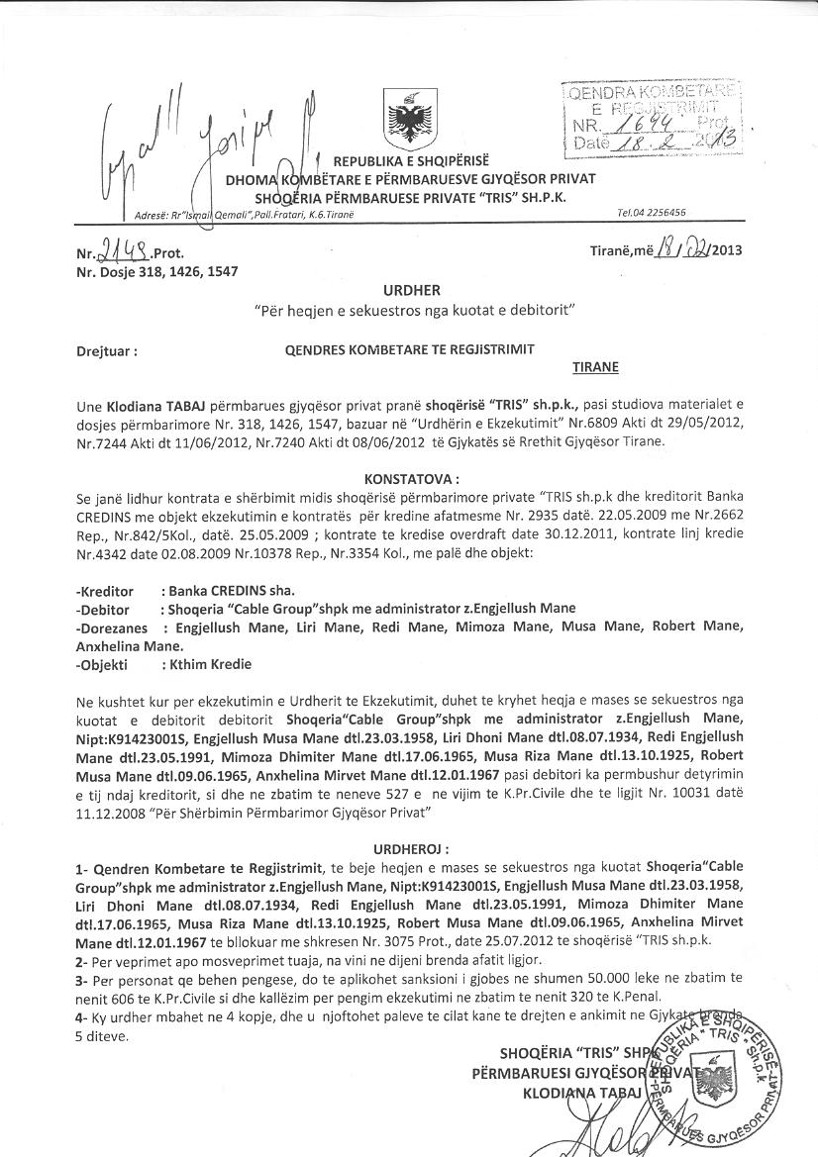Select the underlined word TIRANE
(x=595, y=367)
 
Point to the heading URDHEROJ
(x=411, y=849)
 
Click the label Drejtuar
(x=106, y=350)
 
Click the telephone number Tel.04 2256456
(x=651, y=212)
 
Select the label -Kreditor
(x=105, y=591)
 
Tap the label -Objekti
(x=104, y=665)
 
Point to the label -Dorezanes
(x=111, y=627)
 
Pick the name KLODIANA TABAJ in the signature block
(x=583, y=1093)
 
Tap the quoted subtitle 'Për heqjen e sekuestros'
(x=408, y=312)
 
